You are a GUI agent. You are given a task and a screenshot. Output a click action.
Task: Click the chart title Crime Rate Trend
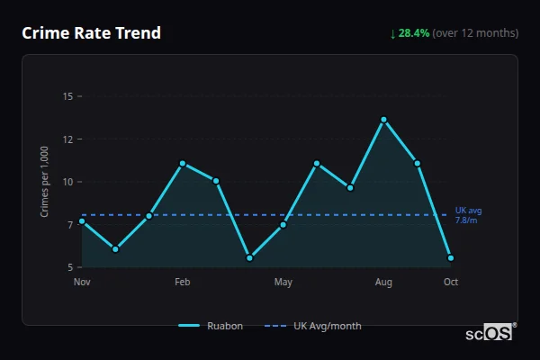pos(92,33)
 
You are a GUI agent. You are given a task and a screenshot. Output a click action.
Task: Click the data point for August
pos(383,120)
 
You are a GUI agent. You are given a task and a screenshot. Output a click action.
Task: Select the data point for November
pos(82,220)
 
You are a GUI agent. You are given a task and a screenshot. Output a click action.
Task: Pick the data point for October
pos(451,257)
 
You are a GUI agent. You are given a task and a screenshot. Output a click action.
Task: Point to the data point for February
pos(182,164)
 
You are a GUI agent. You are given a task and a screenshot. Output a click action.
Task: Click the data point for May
pos(283,224)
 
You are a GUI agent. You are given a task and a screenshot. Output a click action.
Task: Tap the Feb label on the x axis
pos(182,283)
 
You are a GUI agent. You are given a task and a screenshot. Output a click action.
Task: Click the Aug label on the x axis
pos(383,283)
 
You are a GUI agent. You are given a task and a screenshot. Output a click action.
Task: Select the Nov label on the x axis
pos(82,283)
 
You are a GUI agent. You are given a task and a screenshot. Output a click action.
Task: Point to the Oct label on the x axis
pos(451,283)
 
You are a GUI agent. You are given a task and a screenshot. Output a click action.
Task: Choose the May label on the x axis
pos(283,283)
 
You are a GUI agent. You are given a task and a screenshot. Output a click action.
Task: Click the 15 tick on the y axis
pos(68,96)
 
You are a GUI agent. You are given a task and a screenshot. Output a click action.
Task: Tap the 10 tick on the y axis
pos(68,182)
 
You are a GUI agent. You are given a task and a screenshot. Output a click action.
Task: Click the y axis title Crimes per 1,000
pos(45,182)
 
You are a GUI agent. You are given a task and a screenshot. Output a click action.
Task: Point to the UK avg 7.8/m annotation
pos(468,215)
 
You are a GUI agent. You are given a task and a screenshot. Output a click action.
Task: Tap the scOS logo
pos(490,333)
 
